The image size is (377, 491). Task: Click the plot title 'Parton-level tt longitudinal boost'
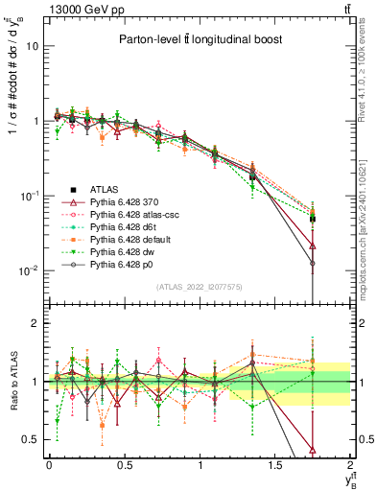(x=200, y=39)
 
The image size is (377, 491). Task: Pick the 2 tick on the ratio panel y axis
(x=35, y=323)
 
